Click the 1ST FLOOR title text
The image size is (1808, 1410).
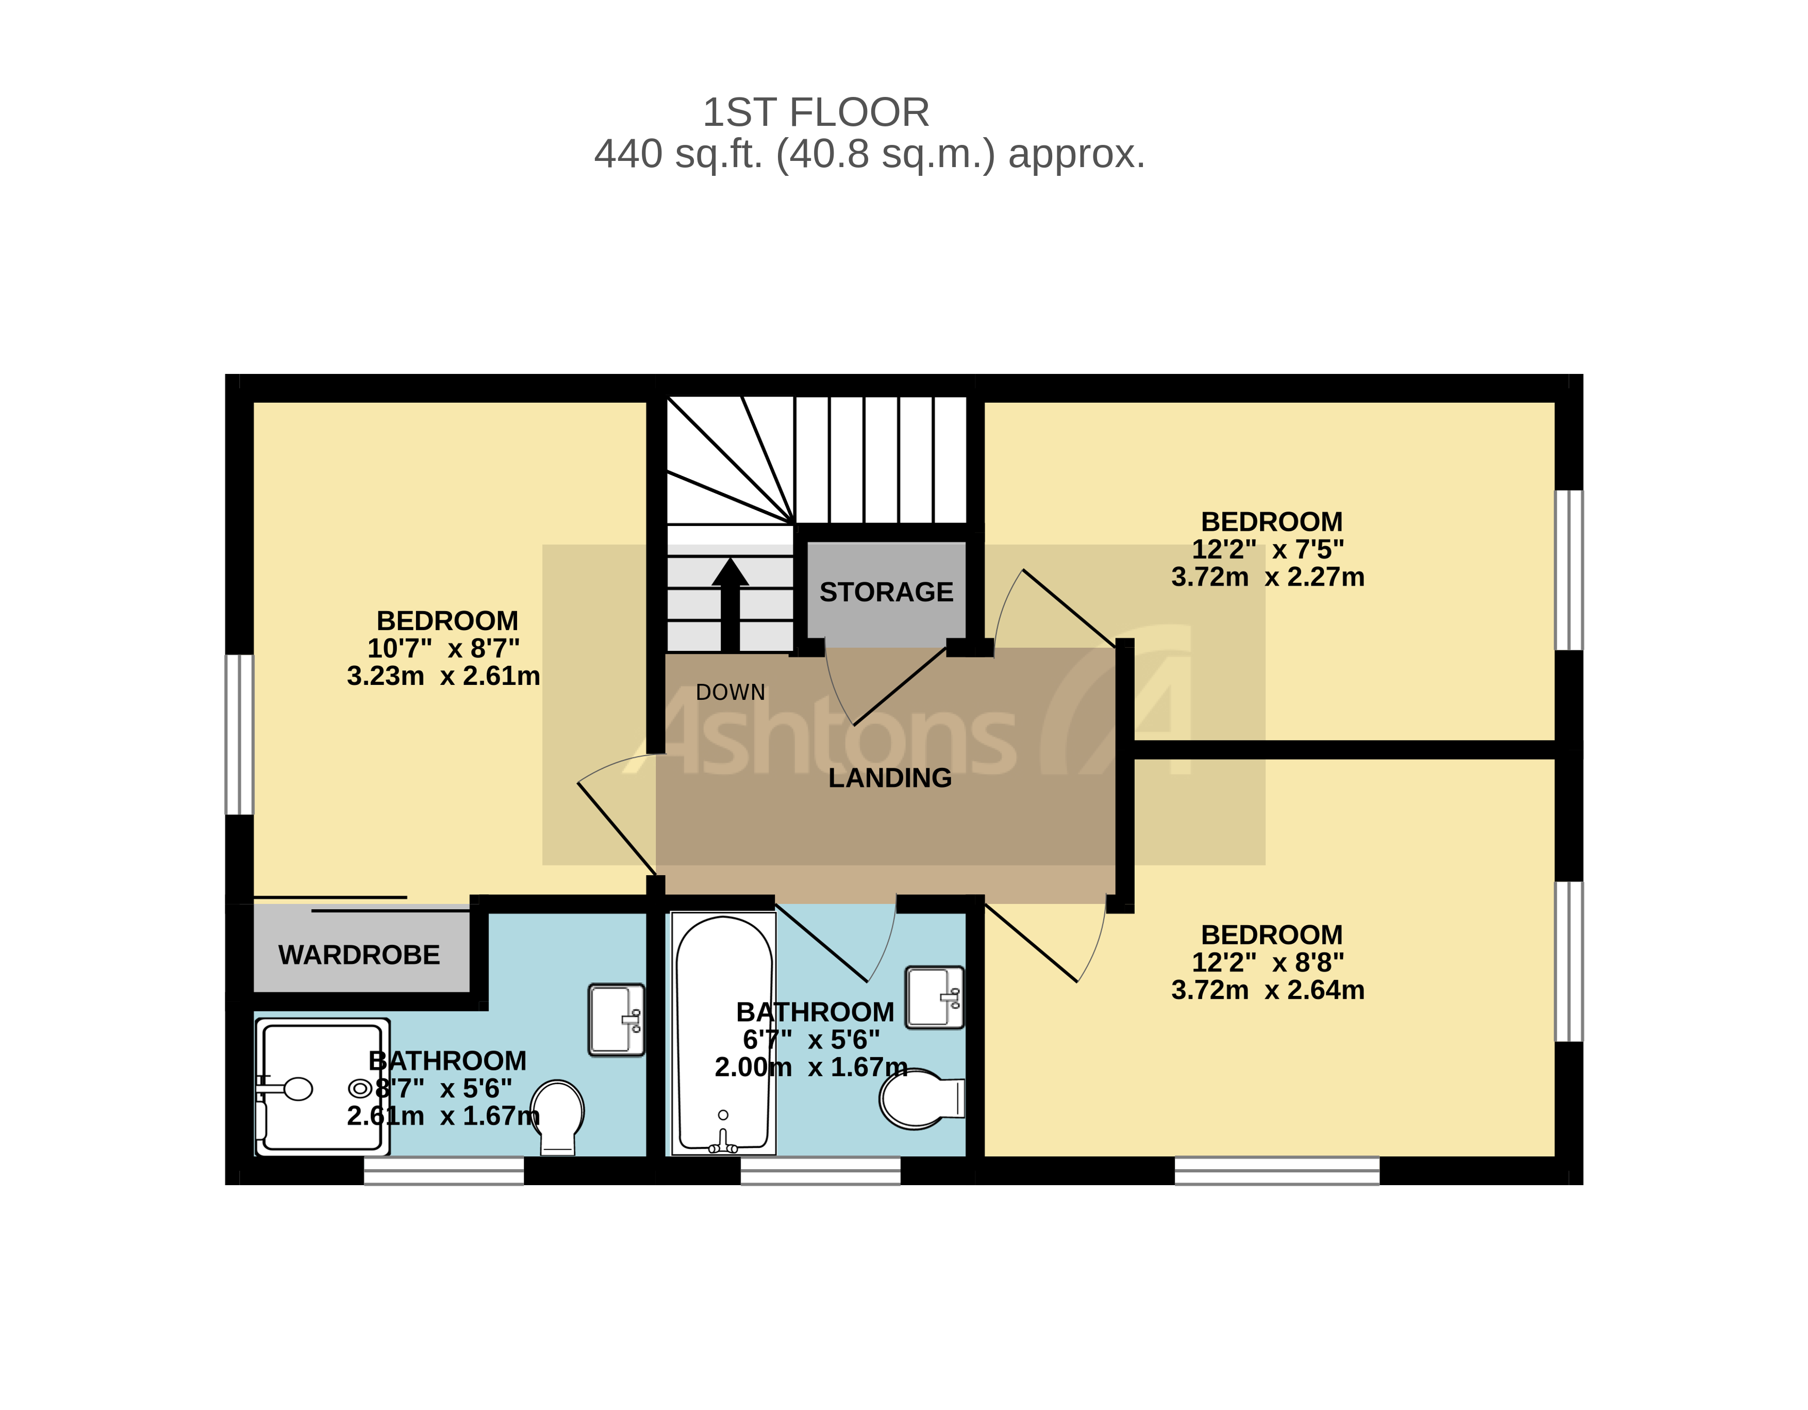[x=816, y=112]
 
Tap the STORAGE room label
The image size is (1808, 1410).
[x=886, y=592]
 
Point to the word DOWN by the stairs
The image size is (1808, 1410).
[x=730, y=692]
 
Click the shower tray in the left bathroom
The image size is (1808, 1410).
[x=323, y=1086]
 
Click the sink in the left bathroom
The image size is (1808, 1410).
[x=616, y=1019]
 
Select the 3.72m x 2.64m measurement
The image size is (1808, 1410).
[x=1267, y=990]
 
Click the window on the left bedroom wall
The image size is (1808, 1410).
[x=239, y=734]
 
